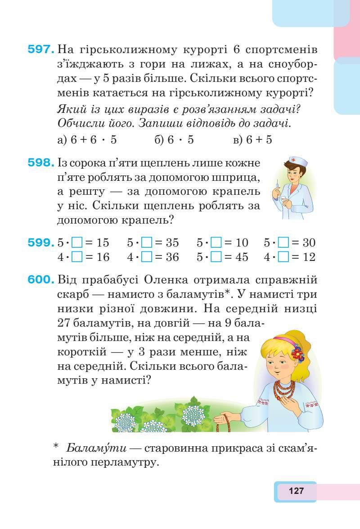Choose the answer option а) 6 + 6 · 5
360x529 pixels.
(x=88, y=140)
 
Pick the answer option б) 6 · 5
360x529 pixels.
(x=174, y=140)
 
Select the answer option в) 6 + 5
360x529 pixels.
(x=253, y=140)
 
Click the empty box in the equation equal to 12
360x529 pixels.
(x=283, y=257)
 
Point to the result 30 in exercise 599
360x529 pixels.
(x=308, y=243)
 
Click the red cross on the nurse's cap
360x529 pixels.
(x=292, y=160)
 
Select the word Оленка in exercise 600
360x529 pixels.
(x=163, y=280)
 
